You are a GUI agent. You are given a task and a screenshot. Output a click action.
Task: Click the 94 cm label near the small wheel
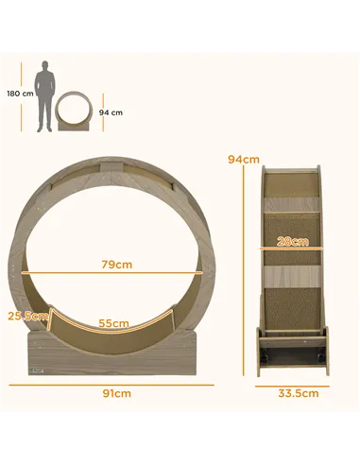(111, 112)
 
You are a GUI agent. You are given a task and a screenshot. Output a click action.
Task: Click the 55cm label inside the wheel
(114, 323)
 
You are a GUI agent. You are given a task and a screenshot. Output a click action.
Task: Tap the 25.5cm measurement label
(26, 317)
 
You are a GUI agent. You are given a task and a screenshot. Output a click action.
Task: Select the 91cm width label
(117, 393)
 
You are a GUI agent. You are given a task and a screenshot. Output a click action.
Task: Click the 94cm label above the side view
(244, 159)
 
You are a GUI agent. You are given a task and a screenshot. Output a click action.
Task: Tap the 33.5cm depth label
(293, 393)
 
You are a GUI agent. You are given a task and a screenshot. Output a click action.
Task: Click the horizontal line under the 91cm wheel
(116, 384)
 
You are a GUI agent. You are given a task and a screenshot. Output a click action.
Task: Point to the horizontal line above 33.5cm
(293, 384)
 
